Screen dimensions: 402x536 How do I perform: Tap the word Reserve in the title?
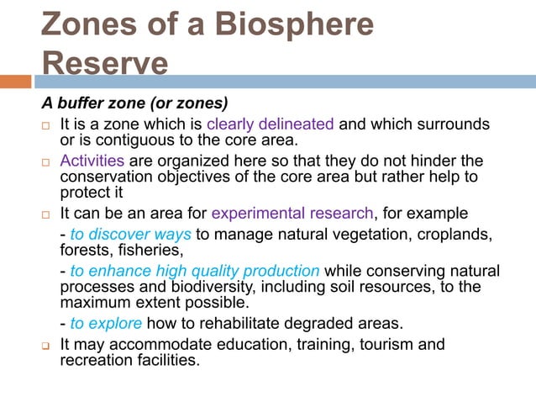[104, 63]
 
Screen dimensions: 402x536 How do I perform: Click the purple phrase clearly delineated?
[271, 124]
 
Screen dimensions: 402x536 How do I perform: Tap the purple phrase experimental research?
[292, 212]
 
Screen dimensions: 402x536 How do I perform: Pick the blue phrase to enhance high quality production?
[195, 271]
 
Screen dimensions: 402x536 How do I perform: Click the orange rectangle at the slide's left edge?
[15, 82]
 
